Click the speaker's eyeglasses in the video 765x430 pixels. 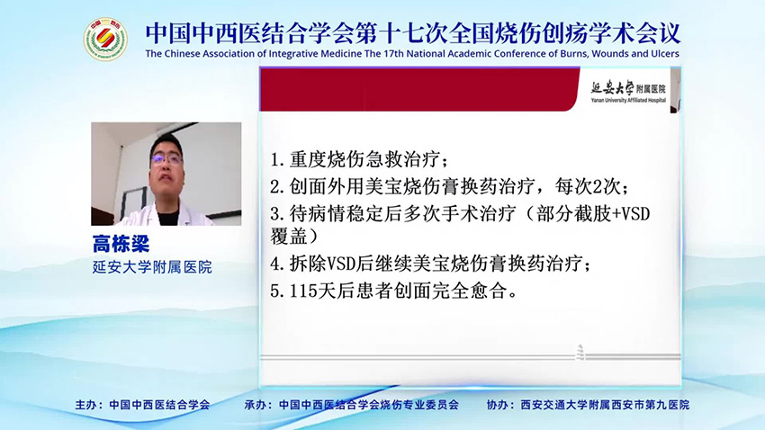[x=167, y=157]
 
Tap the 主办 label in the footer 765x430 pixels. [x=88, y=405]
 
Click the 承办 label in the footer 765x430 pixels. [x=257, y=405]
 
